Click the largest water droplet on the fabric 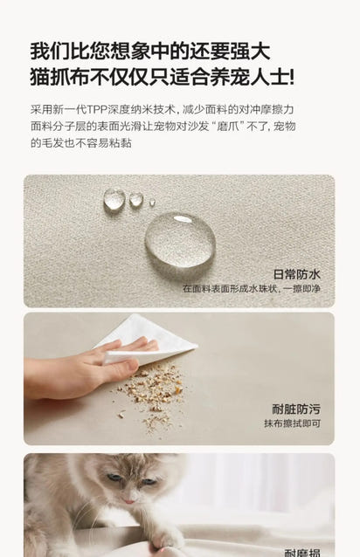click(180, 240)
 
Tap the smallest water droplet click(152, 203)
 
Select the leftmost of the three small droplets click(114, 199)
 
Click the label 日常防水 click(297, 274)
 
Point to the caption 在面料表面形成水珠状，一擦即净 click(252, 288)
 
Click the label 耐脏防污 click(296, 409)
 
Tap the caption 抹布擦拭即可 click(292, 423)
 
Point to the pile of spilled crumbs click(151, 395)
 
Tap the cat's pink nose click(128, 500)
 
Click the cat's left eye click(113, 478)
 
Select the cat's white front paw click(166, 539)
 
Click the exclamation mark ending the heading click(292, 77)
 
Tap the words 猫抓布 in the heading click(59, 77)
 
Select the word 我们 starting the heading click(50, 52)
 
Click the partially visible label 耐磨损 click(302, 553)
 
